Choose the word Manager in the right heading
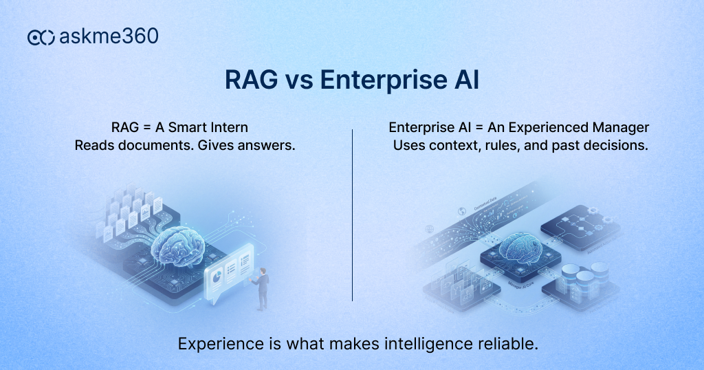(622, 128)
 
